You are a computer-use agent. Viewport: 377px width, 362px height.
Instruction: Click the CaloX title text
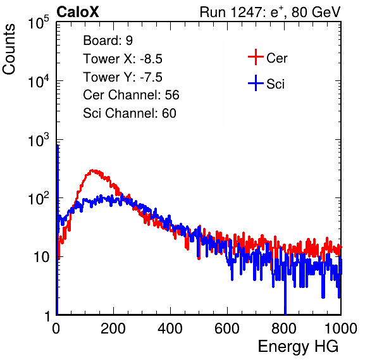[x=77, y=12]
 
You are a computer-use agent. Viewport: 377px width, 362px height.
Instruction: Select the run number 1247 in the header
[x=245, y=12]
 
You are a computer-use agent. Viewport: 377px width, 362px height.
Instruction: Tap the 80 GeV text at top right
[x=316, y=12]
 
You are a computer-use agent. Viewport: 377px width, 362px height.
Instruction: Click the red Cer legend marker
[x=256, y=57]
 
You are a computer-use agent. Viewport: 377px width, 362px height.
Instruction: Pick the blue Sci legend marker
[x=256, y=83]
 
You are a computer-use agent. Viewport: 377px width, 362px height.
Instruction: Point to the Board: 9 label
[x=108, y=41]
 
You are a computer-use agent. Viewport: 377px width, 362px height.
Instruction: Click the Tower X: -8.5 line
[x=123, y=59]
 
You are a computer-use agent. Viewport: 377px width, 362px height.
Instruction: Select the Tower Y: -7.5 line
[x=123, y=77]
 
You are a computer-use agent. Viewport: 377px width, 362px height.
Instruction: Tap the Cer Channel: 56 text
[x=131, y=95]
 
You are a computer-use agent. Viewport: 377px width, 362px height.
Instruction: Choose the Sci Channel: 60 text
[x=130, y=113]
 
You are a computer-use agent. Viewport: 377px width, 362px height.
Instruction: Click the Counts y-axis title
[x=9, y=49]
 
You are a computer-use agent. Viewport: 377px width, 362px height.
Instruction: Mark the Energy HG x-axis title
[x=298, y=347]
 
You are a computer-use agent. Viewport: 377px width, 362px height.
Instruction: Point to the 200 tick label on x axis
[x=113, y=328]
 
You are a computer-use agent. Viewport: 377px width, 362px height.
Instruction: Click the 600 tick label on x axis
[x=227, y=328]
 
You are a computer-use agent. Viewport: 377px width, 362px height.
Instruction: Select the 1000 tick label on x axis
[x=341, y=328]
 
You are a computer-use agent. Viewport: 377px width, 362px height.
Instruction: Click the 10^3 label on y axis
[x=38, y=140]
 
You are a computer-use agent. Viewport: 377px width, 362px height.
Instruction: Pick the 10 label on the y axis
[x=41, y=258]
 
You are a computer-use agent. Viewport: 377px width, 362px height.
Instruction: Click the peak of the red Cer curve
[x=92, y=170]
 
